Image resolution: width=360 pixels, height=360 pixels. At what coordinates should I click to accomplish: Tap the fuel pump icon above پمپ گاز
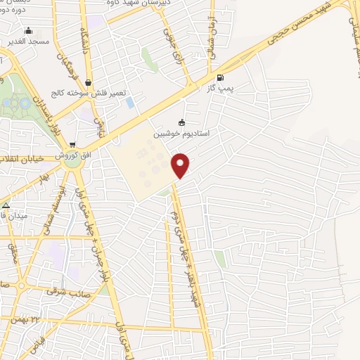point(221,78)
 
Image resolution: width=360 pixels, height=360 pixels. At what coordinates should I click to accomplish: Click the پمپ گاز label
point(221,89)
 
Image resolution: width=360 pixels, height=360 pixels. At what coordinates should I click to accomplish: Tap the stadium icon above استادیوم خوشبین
point(183,122)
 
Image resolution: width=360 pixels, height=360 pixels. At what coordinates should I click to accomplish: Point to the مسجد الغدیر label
point(28,42)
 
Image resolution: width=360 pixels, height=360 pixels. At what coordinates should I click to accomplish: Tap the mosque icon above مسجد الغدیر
point(28,31)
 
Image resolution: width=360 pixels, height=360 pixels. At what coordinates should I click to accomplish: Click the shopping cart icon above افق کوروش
point(72,144)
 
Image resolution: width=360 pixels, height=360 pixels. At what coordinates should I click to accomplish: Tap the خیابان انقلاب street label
point(22,157)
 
